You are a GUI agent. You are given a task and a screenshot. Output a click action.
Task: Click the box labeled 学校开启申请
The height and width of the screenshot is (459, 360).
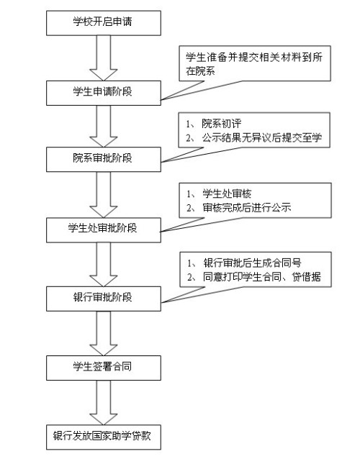pyautogui.click(x=104, y=23)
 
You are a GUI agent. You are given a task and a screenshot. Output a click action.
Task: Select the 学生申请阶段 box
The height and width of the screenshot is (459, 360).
pyautogui.click(x=104, y=93)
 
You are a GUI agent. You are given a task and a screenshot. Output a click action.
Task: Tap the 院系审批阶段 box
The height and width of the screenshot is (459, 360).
pyautogui.click(x=104, y=159)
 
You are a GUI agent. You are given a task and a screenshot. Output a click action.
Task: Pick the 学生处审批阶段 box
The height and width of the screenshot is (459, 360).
pyautogui.click(x=104, y=229)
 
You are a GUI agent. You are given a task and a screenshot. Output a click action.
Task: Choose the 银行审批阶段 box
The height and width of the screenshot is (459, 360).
pyautogui.click(x=104, y=299)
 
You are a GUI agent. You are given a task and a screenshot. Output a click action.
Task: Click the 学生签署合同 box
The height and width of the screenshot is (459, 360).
pyautogui.click(x=104, y=368)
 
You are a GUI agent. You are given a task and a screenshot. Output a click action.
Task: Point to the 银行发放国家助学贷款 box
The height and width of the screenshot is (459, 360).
pyautogui.click(x=104, y=437)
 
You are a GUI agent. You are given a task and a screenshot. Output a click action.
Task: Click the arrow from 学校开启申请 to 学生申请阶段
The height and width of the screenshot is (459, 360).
pyautogui.click(x=104, y=58)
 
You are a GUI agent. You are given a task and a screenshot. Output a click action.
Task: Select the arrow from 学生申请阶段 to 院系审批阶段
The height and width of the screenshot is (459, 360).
pyautogui.click(x=104, y=126)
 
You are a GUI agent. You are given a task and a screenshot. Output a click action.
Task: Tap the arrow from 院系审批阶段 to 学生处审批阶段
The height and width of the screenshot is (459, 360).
pyautogui.click(x=104, y=195)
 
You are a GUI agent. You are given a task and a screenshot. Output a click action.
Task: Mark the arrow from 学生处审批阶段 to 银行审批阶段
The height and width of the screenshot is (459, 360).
pyautogui.click(x=104, y=264)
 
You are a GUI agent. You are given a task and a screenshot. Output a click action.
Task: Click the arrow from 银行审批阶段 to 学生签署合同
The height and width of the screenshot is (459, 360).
pyautogui.click(x=104, y=333)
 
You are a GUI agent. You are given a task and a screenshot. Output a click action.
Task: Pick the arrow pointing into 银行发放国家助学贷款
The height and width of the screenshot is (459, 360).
pyautogui.click(x=104, y=402)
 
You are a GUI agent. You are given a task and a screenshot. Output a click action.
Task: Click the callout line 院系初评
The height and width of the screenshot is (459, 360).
pyautogui.click(x=214, y=124)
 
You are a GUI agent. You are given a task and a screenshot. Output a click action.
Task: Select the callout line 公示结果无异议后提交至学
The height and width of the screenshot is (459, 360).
pyautogui.click(x=254, y=137)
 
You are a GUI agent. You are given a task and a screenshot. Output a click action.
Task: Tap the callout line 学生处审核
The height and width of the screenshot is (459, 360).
pyautogui.click(x=220, y=194)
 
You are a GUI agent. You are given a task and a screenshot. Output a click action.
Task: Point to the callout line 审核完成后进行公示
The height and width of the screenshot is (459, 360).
pyautogui.click(x=239, y=207)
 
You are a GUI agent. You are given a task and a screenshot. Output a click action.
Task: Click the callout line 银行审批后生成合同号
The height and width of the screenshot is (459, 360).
pyautogui.click(x=245, y=263)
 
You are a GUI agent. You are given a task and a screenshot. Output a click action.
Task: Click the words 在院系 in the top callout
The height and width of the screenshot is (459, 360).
pyautogui.click(x=200, y=71)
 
